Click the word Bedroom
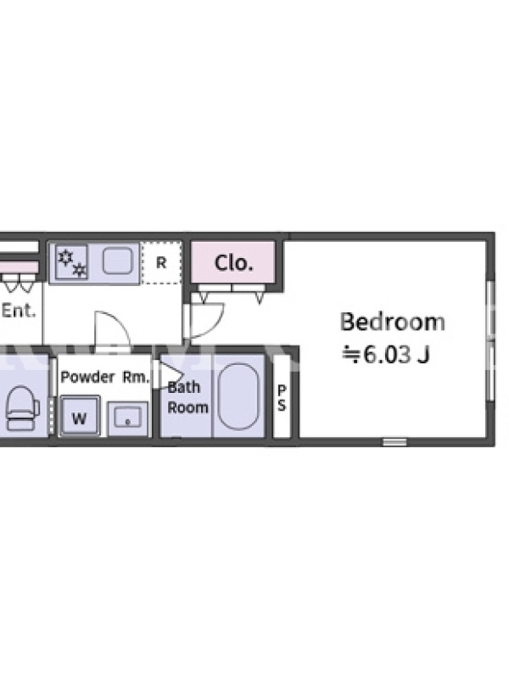pyautogui.click(x=392, y=322)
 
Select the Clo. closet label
pyautogui.click(x=234, y=263)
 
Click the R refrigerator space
pyautogui.click(x=161, y=263)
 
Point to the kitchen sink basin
pyautogui.click(x=117, y=261)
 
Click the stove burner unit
pyautogui.click(x=71, y=262)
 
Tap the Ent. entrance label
pyautogui.click(x=19, y=311)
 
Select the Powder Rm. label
pyautogui.click(x=104, y=377)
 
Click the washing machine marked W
pyautogui.click(x=79, y=415)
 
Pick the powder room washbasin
pyautogui.click(x=128, y=418)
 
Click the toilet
pyautogui.click(x=23, y=408)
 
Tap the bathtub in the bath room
pyautogui.click(x=238, y=396)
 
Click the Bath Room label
pyautogui.click(x=187, y=397)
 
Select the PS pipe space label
pyautogui.click(x=282, y=397)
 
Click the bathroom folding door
pyautogui.click(x=168, y=375)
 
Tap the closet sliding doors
pyautogui.click(x=232, y=288)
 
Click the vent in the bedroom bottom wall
pyautogui.click(x=394, y=442)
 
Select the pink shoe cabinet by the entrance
pyautogui.click(x=20, y=267)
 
